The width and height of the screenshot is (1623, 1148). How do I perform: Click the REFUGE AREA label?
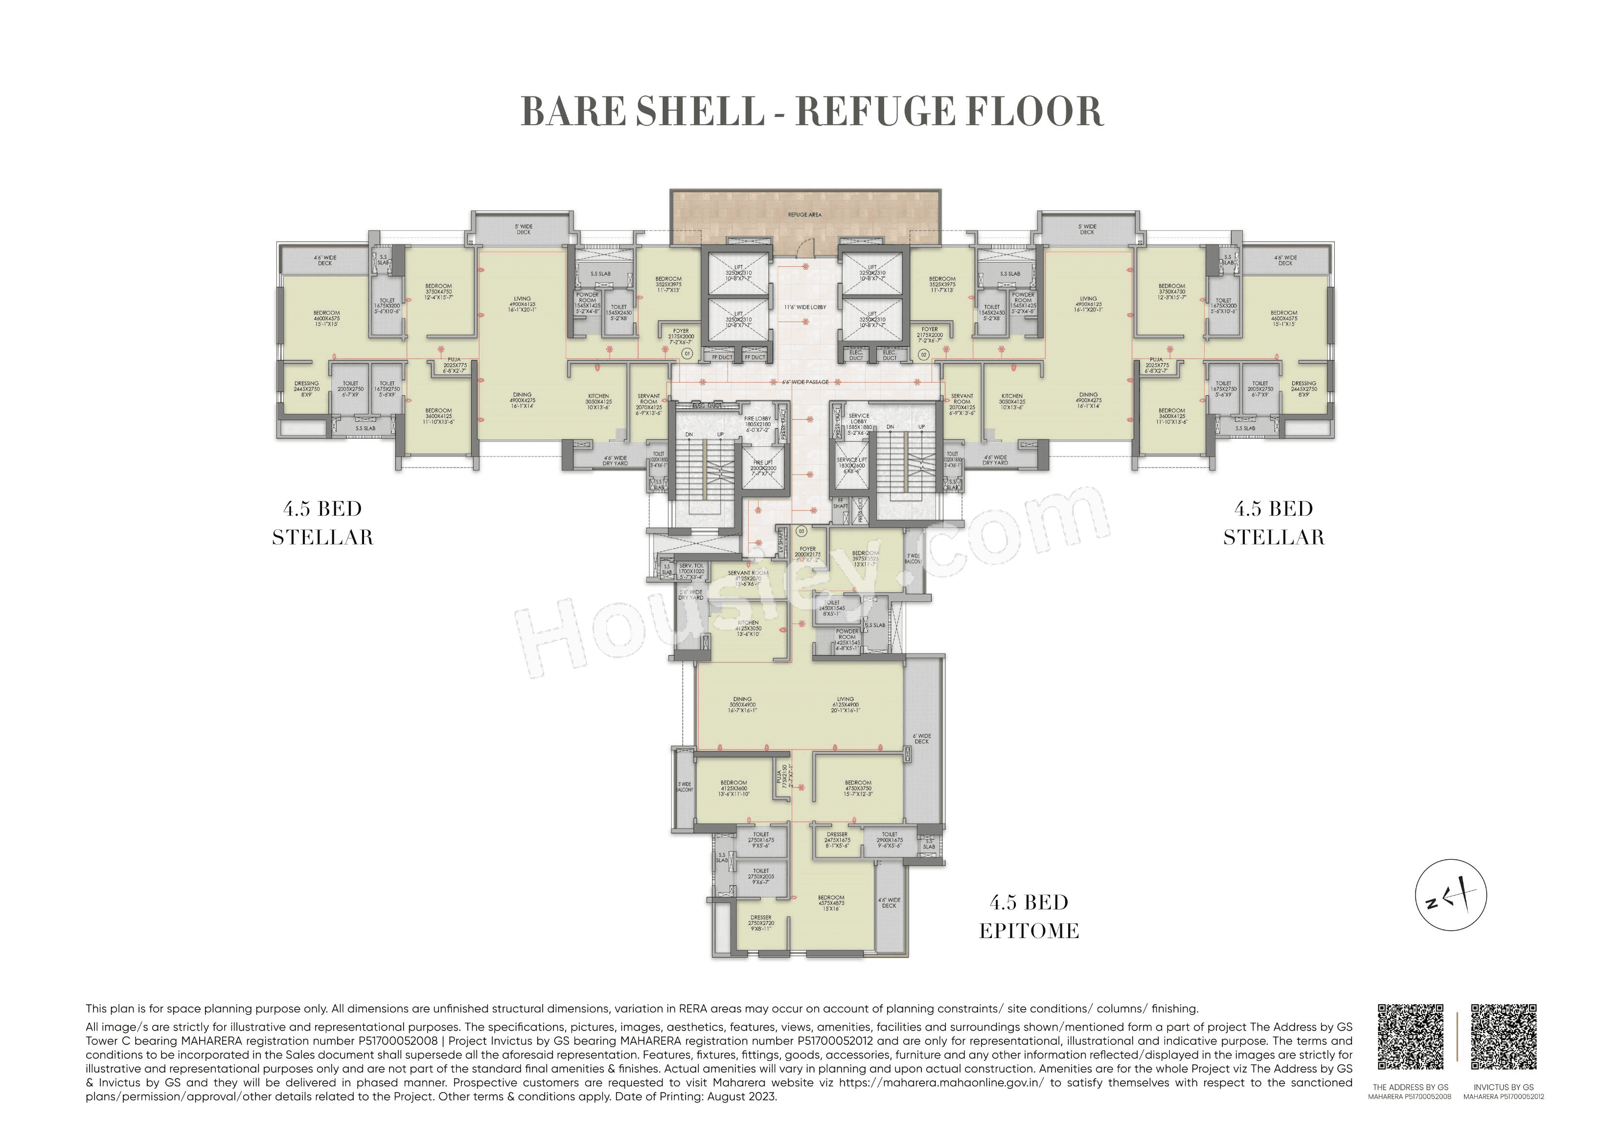click(x=804, y=214)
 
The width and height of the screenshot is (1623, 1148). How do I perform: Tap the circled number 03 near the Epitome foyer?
click(x=801, y=530)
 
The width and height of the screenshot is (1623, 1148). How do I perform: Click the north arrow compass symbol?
click(x=1450, y=895)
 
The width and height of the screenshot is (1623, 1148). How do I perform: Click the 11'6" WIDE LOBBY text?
click(x=804, y=307)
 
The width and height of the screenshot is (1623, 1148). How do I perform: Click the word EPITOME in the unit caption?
click(x=1029, y=931)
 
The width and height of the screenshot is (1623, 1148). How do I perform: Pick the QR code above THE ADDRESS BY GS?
click(x=1410, y=1037)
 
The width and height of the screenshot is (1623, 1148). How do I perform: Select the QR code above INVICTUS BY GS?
click(x=1504, y=1037)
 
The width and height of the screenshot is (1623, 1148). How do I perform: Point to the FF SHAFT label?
click(x=841, y=503)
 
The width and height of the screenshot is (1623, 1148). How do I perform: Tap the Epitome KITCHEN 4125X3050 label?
click(x=748, y=628)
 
